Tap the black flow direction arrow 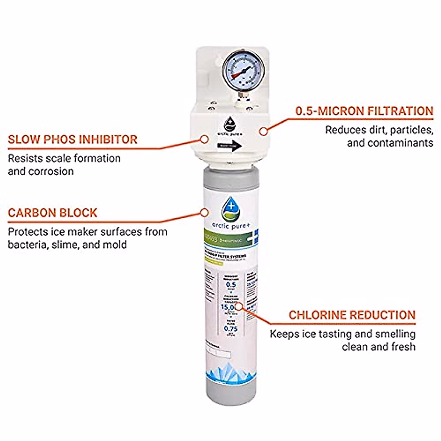[230, 146]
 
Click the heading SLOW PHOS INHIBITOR [73, 140]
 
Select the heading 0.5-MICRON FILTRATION [364, 111]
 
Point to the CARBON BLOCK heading [53, 213]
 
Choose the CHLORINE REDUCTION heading [352, 315]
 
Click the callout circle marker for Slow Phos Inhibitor [204, 139]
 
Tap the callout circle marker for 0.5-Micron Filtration [263, 131]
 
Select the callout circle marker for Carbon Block [204, 212]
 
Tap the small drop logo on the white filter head [230, 124]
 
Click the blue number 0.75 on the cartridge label [231, 329]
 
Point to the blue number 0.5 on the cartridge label [231, 284]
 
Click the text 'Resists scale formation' [64, 158]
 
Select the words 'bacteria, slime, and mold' [67, 244]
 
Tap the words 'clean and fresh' [378, 347]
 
